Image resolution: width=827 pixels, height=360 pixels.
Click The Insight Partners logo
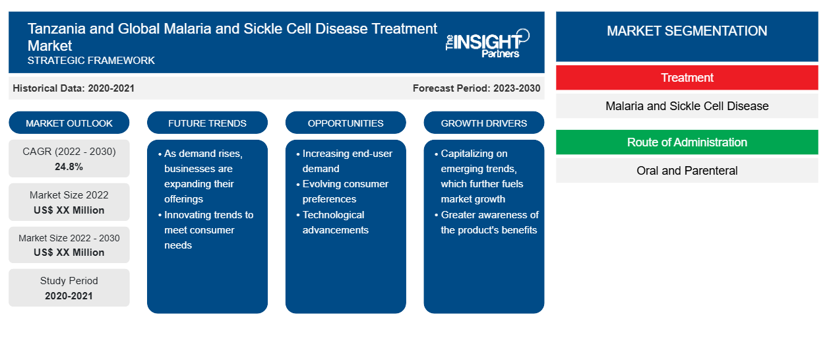(487, 44)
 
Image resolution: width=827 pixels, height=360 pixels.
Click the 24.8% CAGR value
(69, 167)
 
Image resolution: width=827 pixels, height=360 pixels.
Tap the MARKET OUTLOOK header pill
(69, 123)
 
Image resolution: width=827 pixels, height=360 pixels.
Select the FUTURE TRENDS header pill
(207, 123)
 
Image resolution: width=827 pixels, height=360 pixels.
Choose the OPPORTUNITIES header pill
(346, 123)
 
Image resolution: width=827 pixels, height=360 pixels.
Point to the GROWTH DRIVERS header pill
(483, 123)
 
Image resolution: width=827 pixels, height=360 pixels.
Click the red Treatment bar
(687, 78)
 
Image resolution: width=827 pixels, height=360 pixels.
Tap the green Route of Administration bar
(687, 142)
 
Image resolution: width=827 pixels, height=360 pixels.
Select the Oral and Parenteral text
(687, 171)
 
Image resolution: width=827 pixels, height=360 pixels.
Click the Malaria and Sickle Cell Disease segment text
(687, 106)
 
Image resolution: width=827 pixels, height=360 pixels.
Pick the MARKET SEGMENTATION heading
(687, 30)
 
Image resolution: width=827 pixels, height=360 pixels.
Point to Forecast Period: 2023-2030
(476, 88)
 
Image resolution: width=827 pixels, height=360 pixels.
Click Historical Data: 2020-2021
(73, 88)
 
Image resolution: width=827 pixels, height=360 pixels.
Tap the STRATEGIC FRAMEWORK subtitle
(91, 60)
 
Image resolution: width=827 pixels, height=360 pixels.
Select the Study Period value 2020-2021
(69, 296)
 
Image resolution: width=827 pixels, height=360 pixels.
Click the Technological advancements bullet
(332, 222)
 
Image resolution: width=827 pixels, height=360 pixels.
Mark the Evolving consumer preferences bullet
(342, 191)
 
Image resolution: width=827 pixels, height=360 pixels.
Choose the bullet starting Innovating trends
(206, 230)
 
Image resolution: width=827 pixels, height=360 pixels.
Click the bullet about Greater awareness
(487, 222)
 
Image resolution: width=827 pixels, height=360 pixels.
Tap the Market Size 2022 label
(69, 195)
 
